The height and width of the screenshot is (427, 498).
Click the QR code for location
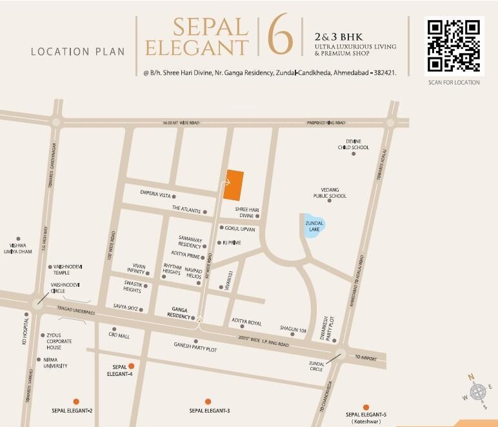point(454,46)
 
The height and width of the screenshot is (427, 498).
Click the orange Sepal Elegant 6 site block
point(234,185)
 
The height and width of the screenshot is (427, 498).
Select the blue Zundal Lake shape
point(314,225)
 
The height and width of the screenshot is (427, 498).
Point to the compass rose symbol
point(478,391)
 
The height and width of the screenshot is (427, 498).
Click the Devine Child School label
point(354,144)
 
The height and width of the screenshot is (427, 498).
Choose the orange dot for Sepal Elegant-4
point(131,366)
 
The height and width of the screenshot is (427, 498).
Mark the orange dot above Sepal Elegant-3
point(208,401)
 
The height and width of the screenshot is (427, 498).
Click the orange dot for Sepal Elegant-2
point(76,401)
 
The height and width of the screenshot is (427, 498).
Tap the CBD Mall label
point(119,336)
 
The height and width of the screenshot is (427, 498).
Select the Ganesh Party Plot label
point(195,344)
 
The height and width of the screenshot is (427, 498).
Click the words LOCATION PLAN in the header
point(78,51)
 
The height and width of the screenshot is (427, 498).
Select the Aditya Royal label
point(246,322)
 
